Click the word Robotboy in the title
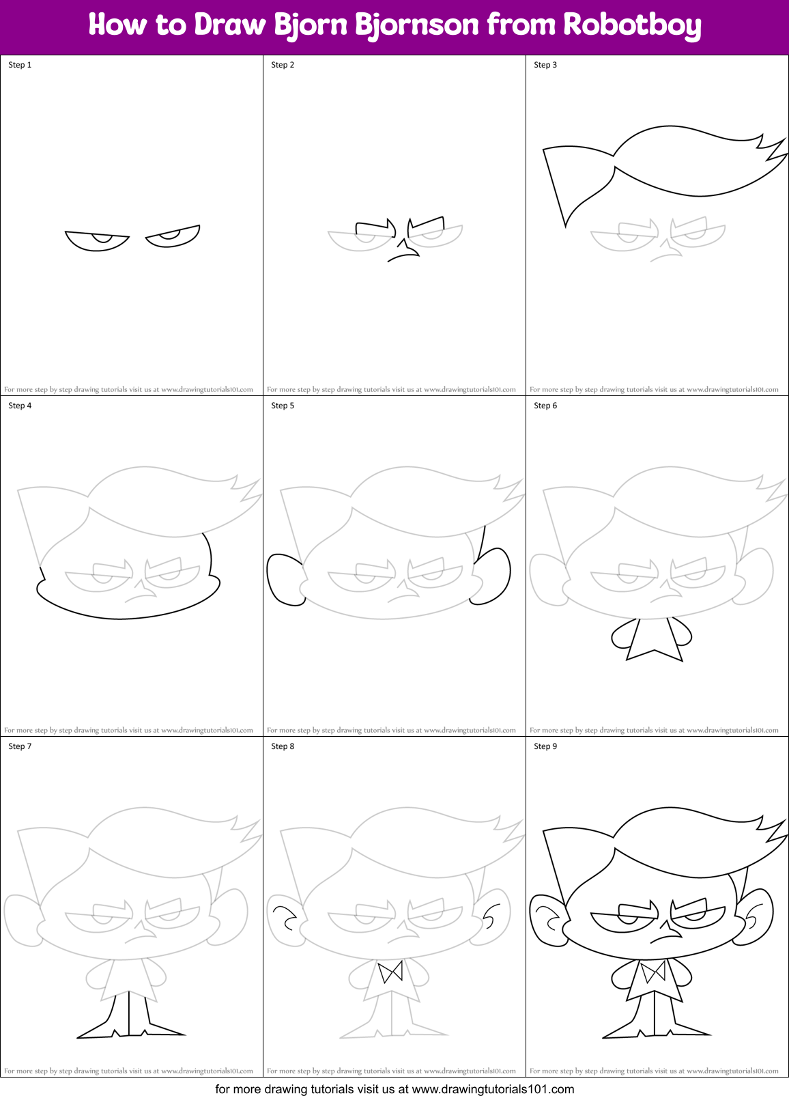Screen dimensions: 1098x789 coord(632,25)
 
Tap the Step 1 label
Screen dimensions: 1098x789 coord(20,65)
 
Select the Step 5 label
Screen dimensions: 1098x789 coord(283,406)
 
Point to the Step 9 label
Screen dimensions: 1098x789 coord(545,746)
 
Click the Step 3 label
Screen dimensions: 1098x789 coord(545,65)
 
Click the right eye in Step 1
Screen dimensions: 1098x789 coord(173,236)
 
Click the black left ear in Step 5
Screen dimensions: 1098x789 coord(284,579)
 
